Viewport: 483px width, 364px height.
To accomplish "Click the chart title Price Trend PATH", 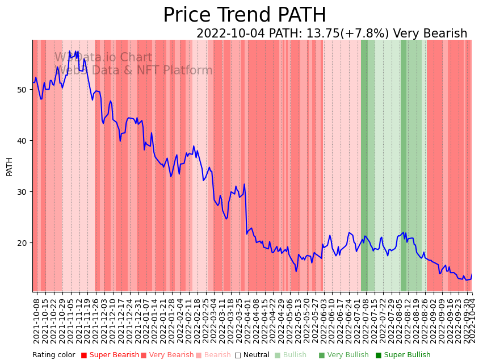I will (x=245, y=15).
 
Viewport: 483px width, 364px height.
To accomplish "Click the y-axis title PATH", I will (x=9, y=166).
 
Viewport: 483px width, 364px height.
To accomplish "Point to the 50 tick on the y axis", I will (x=23, y=90).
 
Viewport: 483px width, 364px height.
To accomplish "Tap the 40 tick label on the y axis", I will (x=23, y=141).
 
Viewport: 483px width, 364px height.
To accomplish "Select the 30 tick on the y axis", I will (x=23, y=192).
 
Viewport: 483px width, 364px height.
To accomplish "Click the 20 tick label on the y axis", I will (x=23, y=243).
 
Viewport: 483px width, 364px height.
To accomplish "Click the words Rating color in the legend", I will (x=53, y=355).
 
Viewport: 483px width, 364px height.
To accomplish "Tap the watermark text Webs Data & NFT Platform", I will (x=133, y=70).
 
